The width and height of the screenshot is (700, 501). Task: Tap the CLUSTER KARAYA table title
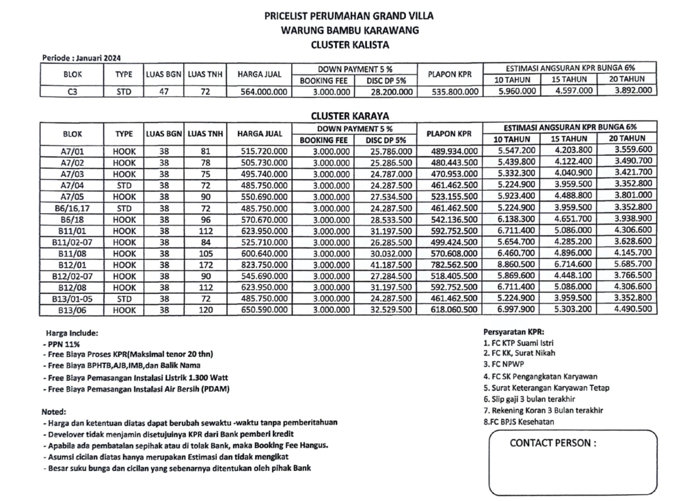[x=349, y=116]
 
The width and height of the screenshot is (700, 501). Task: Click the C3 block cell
[x=72, y=90]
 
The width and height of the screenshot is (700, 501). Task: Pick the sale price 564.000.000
[x=259, y=90]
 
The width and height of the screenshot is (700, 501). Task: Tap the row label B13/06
[x=72, y=309]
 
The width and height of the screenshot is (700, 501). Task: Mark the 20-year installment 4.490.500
[x=632, y=309]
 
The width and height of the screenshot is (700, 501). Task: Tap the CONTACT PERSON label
[x=553, y=443]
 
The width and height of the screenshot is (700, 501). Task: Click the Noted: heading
[x=54, y=412]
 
